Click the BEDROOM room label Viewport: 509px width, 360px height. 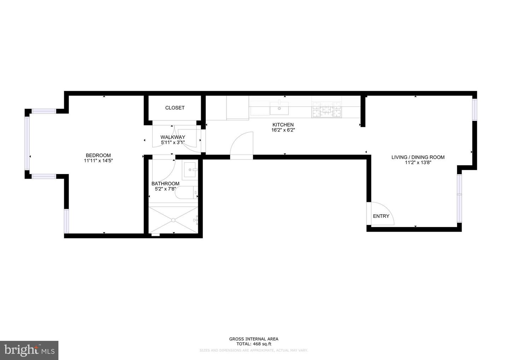click(98, 155)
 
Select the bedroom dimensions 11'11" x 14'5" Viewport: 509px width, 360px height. click(98, 161)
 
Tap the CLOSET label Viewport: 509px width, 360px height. click(175, 108)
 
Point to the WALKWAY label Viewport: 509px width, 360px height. click(172, 137)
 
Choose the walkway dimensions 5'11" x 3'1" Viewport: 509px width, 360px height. click(172, 143)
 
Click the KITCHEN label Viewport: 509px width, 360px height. click(283, 125)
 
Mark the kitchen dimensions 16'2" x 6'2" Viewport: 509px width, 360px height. click(283, 130)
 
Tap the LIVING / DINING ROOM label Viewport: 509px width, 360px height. click(418, 157)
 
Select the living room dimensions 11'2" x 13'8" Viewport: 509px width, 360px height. click(418, 163)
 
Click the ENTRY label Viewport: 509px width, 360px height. click(381, 216)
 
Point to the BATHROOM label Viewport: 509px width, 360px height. click(165, 184)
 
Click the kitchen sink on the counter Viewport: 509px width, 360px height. click(279, 108)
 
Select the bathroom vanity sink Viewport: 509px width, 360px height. click(191, 170)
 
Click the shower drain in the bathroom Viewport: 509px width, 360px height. click(173, 220)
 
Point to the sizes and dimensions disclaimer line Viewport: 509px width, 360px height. click(253, 350)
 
